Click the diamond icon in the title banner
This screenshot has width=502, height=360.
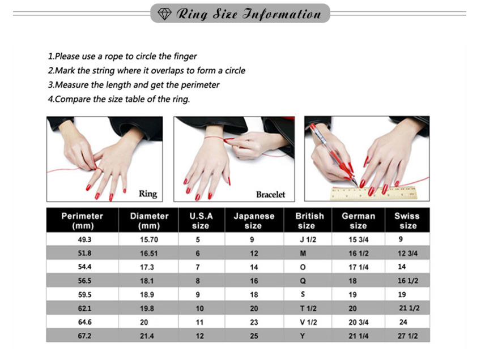pyautogui.click(x=164, y=14)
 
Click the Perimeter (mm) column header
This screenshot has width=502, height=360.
pyautogui.click(x=82, y=221)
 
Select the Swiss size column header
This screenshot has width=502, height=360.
pyautogui.click(x=407, y=221)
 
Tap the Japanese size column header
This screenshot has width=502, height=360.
pyautogui.click(x=254, y=221)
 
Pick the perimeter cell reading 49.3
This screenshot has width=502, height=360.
pyautogui.click(x=84, y=239)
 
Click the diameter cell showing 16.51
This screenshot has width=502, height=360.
pyautogui.click(x=149, y=254)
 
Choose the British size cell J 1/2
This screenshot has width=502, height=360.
pyautogui.click(x=308, y=239)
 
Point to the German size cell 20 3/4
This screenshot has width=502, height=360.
pyautogui.click(x=359, y=322)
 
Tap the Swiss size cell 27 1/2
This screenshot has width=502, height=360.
pyautogui.click(x=408, y=336)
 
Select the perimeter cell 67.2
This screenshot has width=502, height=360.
pyautogui.click(x=84, y=336)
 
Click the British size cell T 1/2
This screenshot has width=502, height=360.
pyautogui.click(x=308, y=308)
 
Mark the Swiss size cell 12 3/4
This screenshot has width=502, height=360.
pyautogui.click(x=407, y=254)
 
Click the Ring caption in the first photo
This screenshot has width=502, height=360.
pyautogui.click(x=148, y=194)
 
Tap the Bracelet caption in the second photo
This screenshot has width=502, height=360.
pyautogui.click(x=270, y=194)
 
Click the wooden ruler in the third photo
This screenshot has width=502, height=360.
pyautogui.click(x=373, y=193)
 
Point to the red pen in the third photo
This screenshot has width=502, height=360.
pyautogui.click(x=333, y=154)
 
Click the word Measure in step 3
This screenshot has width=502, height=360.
pyautogui.click(x=72, y=85)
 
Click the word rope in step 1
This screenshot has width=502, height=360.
pyautogui.click(x=114, y=57)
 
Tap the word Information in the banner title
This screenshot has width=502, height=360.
pyautogui.click(x=282, y=14)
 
